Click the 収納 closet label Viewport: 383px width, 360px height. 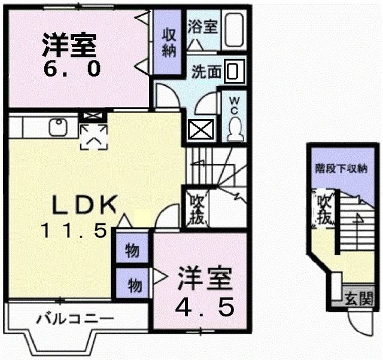[169, 42]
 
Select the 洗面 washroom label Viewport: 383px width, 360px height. [205, 72]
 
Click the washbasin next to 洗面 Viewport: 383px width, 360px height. [234, 71]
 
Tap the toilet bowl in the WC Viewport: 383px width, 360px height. [234, 126]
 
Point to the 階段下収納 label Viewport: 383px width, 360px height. [341, 168]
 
